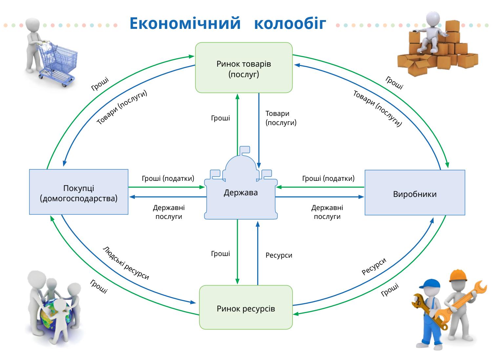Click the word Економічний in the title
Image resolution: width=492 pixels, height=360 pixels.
(x=185, y=23)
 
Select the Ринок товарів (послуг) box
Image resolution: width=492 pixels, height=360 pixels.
(x=244, y=68)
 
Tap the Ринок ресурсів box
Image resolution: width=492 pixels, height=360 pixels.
(x=246, y=307)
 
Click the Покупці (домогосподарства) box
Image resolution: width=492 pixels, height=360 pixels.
(x=79, y=192)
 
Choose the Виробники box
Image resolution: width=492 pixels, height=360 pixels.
(x=415, y=193)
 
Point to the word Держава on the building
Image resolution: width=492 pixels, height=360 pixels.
(x=241, y=193)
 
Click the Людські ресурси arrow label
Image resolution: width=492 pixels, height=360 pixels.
(x=126, y=263)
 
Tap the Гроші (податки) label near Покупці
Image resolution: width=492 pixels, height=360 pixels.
(x=168, y=178)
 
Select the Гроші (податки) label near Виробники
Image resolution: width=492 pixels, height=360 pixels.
(x=328, y=178)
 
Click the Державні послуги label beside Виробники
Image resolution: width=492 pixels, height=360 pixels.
(x=327, y=212)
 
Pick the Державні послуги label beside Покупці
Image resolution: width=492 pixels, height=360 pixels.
(x=169, y=212)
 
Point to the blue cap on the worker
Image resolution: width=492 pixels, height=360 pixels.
(x=430, y=284)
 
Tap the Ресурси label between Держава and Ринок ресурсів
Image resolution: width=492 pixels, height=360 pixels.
(x=279, y=255)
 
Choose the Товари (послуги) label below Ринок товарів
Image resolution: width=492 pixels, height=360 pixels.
(x=281, y=118)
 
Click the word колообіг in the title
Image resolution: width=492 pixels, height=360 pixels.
(x=290, y=23)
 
